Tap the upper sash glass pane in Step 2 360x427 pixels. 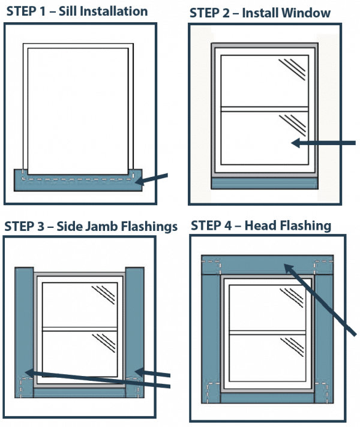265,81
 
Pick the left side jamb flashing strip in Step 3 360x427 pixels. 23,330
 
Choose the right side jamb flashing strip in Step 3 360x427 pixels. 136,330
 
